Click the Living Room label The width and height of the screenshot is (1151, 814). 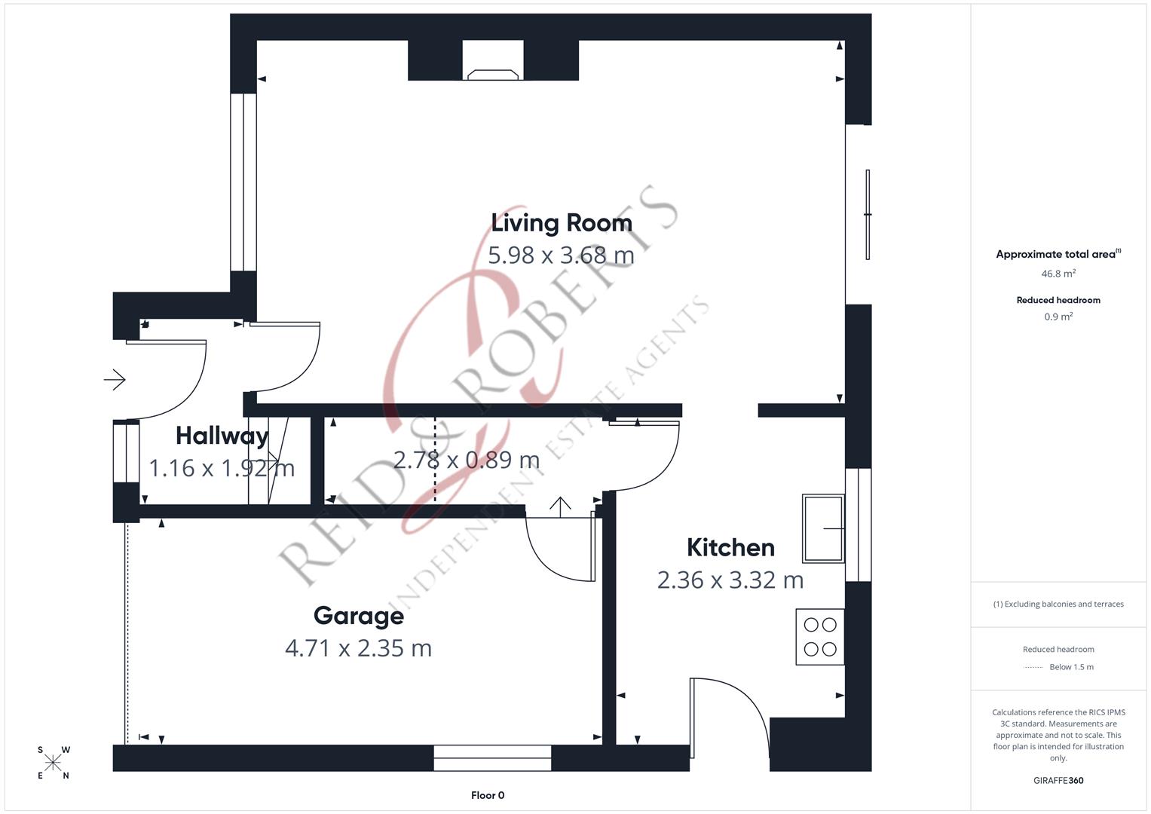[562, 223]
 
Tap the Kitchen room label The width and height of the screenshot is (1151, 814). [730, 547]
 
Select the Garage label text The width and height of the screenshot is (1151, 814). [358, 616]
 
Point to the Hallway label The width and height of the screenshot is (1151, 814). [222, 436]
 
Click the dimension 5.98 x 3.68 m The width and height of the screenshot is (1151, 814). [561, 256]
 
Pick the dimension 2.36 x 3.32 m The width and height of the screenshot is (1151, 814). [730, 580]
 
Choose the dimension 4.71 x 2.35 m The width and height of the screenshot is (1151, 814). [358, 648]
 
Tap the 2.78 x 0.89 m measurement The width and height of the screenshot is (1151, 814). [467, 460]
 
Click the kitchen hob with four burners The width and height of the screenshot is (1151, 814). [820, 637]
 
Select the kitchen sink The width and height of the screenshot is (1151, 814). [822, 528]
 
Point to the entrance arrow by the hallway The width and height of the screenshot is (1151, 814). [115, 380]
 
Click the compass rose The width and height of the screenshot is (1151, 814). [53, 763]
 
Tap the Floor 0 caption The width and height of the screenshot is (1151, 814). [488, 795]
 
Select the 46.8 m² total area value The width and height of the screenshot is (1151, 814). [1058, 274]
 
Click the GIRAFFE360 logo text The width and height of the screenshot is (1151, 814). [1058, 780]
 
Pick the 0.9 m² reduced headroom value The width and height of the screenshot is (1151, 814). [1058, 317]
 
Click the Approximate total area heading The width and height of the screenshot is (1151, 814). [1058, 254]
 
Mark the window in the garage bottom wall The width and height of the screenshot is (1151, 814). [492, 758]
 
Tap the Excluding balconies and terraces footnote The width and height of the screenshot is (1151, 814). [1058, 604]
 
